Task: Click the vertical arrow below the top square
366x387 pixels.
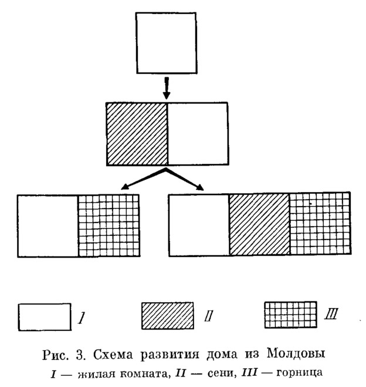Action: click(x=167, y=88)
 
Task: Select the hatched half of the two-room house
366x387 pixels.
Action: click(x=137, y=133)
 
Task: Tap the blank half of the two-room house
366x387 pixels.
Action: click(x=198, y=133)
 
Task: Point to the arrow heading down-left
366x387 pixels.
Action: click(x=144, y=179)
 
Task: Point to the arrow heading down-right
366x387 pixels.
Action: click(x=185, y=179)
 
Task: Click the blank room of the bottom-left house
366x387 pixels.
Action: click(x=48, y=226)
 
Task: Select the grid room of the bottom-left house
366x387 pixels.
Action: click(x=109, y=225)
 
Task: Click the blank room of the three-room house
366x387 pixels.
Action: click(x=199, y=225)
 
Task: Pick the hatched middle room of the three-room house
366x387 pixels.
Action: click(x=259, y=224)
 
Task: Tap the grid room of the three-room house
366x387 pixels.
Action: click(x=320, y=223)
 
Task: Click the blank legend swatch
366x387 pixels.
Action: click(x=45, y=317)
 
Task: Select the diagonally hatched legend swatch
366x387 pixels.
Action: click(x=168, y=316)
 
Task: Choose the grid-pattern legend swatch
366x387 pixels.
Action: click(x=290, y=315)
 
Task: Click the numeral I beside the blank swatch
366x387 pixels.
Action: click(x=82, y=318)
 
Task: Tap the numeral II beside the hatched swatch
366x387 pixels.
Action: click(x=208, y=316)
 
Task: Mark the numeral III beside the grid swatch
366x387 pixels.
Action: click(x=331, y=314)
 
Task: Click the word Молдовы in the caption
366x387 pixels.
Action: click(x=296, y=354)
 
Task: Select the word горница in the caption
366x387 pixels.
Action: click(x=299, y=373)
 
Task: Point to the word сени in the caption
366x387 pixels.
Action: click(x=221, y=374)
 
